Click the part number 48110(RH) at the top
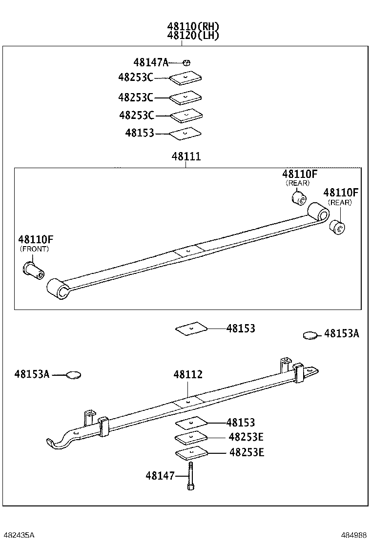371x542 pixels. click(x=193, y=26)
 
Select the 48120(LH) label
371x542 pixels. click(x=193, y=35)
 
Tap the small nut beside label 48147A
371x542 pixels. click(x=186, y=62)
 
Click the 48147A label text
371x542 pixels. click(x=150, y=62)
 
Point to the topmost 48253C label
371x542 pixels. click(x=135, y=77)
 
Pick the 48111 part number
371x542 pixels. click(x=186, y=157)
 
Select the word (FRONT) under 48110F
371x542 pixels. click(x=35, y=249)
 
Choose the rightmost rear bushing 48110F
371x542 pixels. click(x=337, y=227)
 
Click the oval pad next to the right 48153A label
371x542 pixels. click(x=310, y=335)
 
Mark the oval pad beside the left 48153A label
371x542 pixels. click(x=74, y=375)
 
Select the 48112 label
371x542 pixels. click(x=188, y=374)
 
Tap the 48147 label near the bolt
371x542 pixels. click(x=160, y=476)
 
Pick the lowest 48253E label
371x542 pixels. click(x=247, y=452)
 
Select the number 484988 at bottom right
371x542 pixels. click(x=353, y=535)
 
